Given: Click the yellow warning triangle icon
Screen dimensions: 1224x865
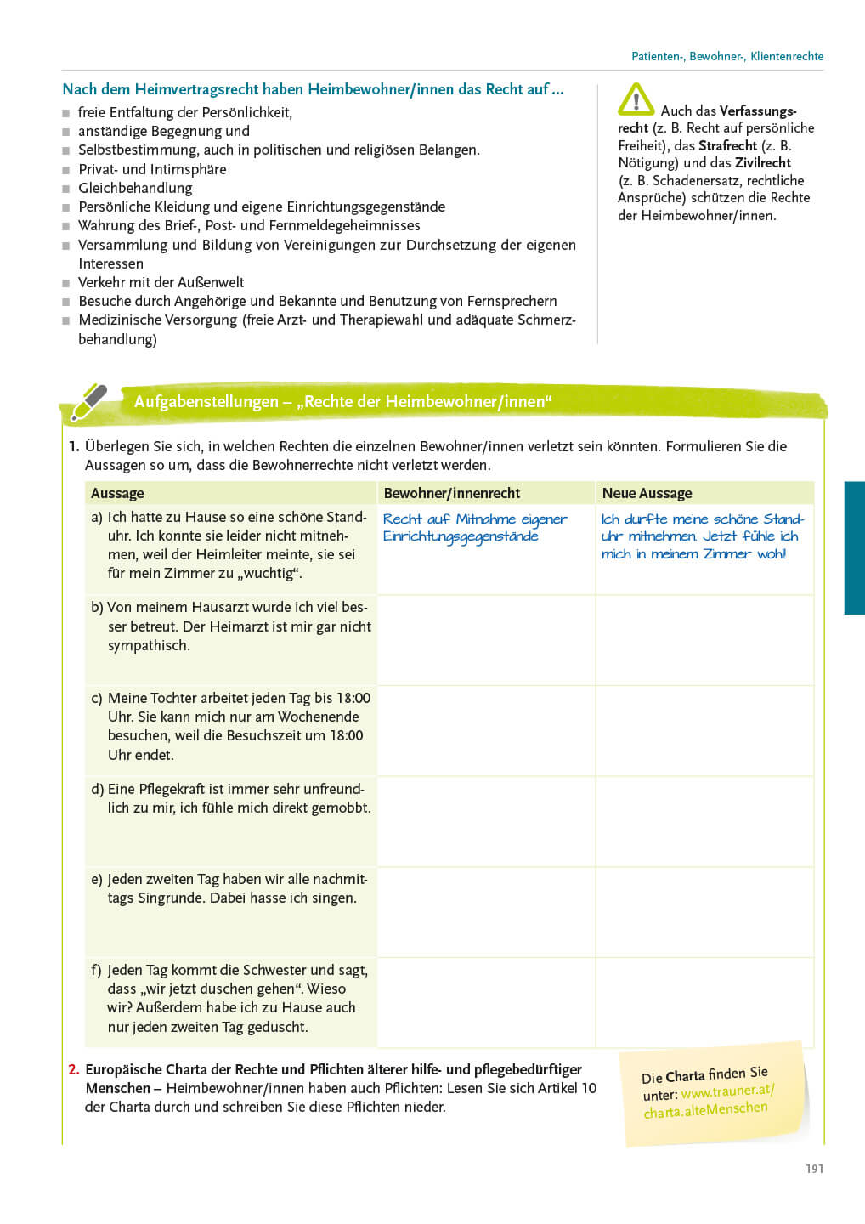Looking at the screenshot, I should click(x=636, y=99).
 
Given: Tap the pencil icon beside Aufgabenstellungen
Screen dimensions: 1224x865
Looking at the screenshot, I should click(x=88, y=402).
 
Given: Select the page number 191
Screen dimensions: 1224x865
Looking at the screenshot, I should click(x=814, y=1169).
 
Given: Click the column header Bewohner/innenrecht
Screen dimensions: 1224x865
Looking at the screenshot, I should click(x=451, y=493).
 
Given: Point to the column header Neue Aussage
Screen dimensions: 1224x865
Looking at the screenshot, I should click(x=647, y=493).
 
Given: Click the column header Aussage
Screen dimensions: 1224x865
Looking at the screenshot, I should click(x=117, y=493).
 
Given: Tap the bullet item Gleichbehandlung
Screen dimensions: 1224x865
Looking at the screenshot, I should click(x=135, y=188).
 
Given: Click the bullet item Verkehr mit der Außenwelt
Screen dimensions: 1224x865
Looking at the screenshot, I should click(x=161, y=282).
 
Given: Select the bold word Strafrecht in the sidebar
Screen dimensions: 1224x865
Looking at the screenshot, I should click(x=727, y=145).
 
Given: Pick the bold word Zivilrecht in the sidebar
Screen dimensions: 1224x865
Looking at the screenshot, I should click(x=763, y=162).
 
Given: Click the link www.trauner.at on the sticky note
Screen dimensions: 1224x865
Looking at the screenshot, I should click(x=727, y=1091).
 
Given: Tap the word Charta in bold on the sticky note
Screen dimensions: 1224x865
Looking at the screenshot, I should click(x=685, y=1076).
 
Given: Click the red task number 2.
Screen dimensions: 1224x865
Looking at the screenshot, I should click(x=74, y=1069).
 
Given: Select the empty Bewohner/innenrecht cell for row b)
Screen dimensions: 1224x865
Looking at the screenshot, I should click(x=485, y=639).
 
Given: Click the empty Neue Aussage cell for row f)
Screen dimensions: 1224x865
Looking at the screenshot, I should click(x=704, y=1002).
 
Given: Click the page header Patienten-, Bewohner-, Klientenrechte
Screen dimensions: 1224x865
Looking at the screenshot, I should click(x=727, y=56).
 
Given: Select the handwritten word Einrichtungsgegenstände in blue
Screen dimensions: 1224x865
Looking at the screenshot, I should click(x=460, y=536).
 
